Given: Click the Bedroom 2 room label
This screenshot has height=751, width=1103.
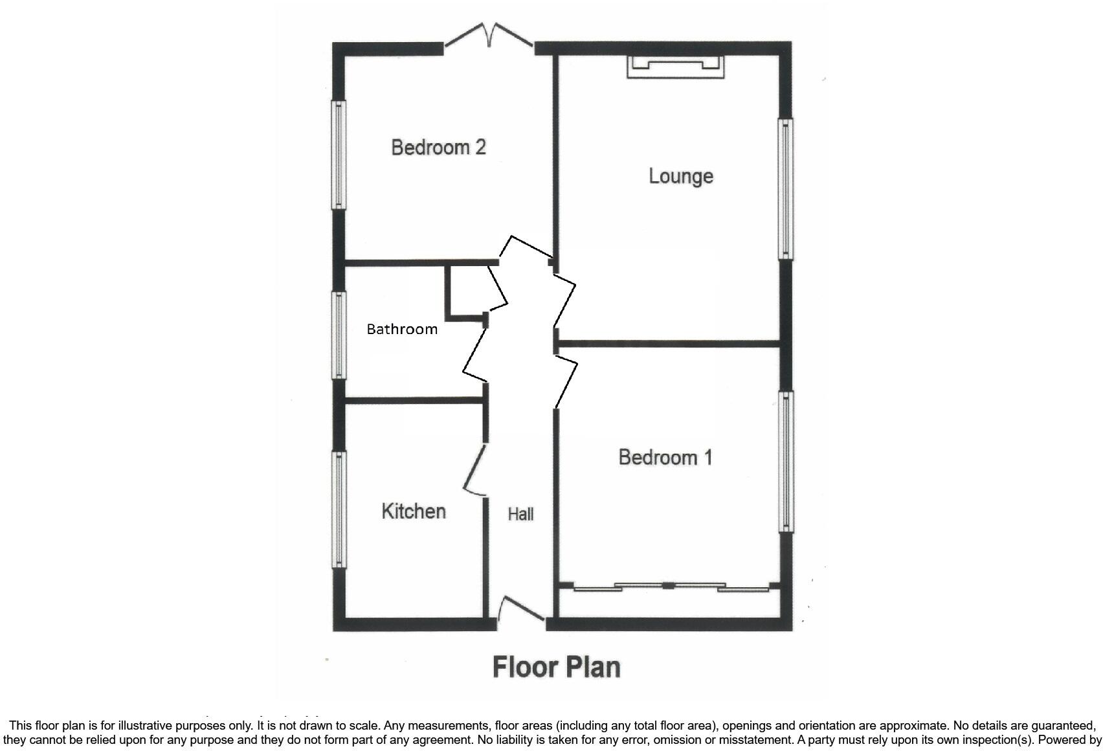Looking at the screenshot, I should click(438, 147).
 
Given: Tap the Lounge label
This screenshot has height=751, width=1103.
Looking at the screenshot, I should click(681, 176).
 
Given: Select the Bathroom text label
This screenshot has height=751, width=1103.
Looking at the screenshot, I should click(402, 329).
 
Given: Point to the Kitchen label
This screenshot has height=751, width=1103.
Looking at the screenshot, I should click(414, 511).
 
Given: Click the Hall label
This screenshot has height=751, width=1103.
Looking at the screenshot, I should click(520, 514).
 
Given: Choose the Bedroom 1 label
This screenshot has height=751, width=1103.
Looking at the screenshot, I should click(665, 457).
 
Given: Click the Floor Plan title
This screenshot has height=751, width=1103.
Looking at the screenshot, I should click(557, 667).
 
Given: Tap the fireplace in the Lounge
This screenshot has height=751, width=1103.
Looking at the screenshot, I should click(675, 66).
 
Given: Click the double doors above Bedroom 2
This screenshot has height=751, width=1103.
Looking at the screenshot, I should click(489, 36).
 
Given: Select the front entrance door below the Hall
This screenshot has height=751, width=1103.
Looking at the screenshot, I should click(521, 611).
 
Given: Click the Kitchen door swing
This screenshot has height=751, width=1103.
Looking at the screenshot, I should click(475, 471).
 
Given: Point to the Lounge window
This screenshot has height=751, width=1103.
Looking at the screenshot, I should click(785, 188).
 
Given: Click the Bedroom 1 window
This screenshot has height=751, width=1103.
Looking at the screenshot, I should click(786, 461).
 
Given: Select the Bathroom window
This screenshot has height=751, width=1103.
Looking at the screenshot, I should click(339, 334).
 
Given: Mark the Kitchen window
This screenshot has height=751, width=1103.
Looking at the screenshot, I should click(339, 509).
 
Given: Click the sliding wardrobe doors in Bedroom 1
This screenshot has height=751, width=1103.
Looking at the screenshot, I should click(669, 587).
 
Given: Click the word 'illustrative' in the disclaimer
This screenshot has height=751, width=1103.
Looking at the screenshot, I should click(137, 726).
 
